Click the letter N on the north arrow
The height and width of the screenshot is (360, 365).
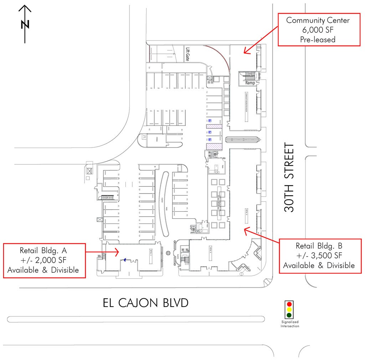pyautogui.click(x=25, y=24)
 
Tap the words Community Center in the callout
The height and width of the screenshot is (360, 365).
pyautogui.click(x=318, y=20)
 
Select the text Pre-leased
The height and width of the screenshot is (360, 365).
pyautogui.click(x=318, y=39)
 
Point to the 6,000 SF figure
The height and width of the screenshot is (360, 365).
pyautogui.click(x=318, y=30)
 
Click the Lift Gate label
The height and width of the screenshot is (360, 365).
pyautogui.click(x=187, y=54)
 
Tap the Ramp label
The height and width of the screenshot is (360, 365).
pyautogui.click(x=250, y=83)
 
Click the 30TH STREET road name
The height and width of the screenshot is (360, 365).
pyautogui.click(x=290, y=178)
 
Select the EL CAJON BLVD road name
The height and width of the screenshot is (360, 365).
pyautogui.click(x=145, y=303)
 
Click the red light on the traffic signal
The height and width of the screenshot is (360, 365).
pyautogui.click(x=289, y=304)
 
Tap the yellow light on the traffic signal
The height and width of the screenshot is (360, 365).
pyautogui.click(x=289, y=310)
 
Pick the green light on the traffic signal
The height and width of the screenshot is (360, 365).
pyautogui.click(x=289, y=315)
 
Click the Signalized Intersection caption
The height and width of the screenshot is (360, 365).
pyautogui.click(x=289, y=324)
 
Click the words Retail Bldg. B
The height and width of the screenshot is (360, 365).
pyautogui.click(x=319, y=246)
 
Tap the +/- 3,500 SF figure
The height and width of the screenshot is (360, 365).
pyautogui.click(x=319, y=256)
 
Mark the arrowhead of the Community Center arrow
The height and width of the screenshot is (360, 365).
pyautogui.click(x=245, y=52)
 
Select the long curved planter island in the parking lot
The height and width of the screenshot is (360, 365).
pyautogui.click(x=163, y=203)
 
